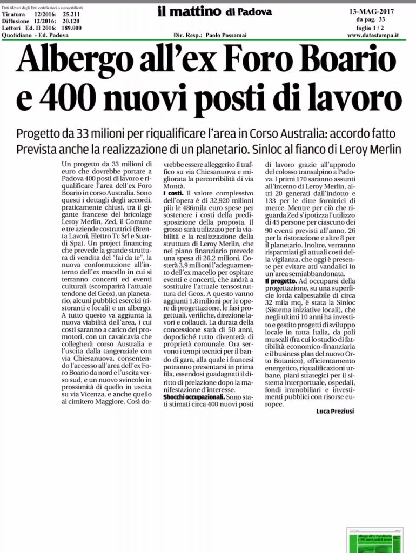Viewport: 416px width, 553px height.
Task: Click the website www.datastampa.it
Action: click(373, 35)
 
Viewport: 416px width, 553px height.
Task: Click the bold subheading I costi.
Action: click(173, 192)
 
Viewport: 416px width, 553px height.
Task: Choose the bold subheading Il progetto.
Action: click(280, 281)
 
